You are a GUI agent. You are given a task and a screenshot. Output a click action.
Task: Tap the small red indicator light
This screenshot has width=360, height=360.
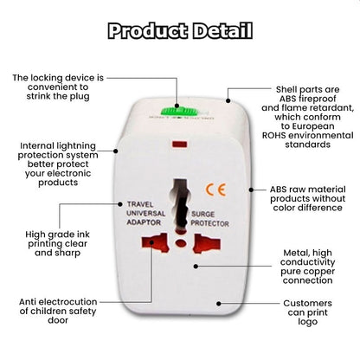179,145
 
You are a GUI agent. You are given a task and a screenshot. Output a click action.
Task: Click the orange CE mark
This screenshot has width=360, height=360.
215,190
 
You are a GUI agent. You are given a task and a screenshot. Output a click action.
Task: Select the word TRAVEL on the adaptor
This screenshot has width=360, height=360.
140,204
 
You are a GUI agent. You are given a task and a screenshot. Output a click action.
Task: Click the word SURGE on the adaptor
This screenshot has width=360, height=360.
203,214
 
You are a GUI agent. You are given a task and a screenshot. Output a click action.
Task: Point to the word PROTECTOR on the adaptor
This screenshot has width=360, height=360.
209,223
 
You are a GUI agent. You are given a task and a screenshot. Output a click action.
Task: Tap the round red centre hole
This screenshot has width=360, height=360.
181,243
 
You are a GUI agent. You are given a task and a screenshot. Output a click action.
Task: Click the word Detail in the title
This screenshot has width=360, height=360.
222,31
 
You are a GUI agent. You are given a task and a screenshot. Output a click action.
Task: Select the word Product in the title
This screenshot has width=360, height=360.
148,31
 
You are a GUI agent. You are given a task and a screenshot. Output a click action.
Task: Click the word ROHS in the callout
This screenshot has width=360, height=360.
273,135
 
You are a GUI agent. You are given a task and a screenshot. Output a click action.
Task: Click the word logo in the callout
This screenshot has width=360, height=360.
307,322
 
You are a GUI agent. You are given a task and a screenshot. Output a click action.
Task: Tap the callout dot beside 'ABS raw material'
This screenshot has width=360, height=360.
251,190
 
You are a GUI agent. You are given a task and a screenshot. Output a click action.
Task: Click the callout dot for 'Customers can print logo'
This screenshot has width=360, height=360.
219,304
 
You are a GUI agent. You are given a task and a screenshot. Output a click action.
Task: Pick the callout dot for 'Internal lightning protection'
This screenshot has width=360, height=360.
116,151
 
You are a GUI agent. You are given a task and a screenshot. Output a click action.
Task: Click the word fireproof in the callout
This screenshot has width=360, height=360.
318,99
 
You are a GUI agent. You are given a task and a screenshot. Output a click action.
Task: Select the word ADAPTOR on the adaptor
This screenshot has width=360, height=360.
144,222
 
